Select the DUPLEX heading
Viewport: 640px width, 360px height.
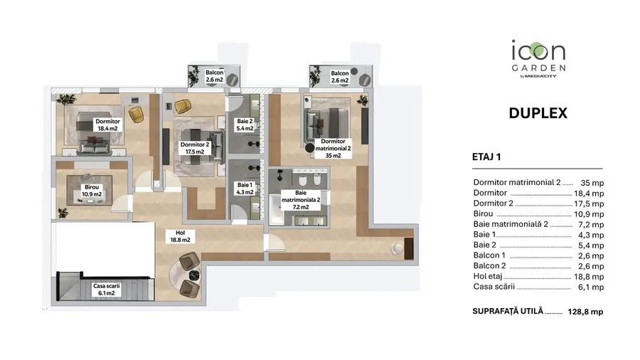click(538, 112)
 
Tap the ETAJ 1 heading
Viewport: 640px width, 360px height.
click(486, 158)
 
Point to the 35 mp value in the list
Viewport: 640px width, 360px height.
click(592, 182)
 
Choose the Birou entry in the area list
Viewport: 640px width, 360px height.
click(485, 213)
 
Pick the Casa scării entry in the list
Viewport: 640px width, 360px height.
click(494, 287)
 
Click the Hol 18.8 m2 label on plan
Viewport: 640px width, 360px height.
click(176, 236)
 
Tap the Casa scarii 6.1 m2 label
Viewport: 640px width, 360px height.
click(107, 289)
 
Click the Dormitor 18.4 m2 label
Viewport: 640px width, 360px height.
click(108, 125)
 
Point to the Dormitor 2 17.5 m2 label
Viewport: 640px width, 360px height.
click(193, 148)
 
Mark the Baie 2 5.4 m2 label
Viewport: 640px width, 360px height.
click(245, 125)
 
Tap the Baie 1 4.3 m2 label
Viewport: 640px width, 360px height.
click(245, 188)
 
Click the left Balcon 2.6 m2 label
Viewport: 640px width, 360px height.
click(215, 77)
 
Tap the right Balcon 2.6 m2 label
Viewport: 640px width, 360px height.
click(339, 77)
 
